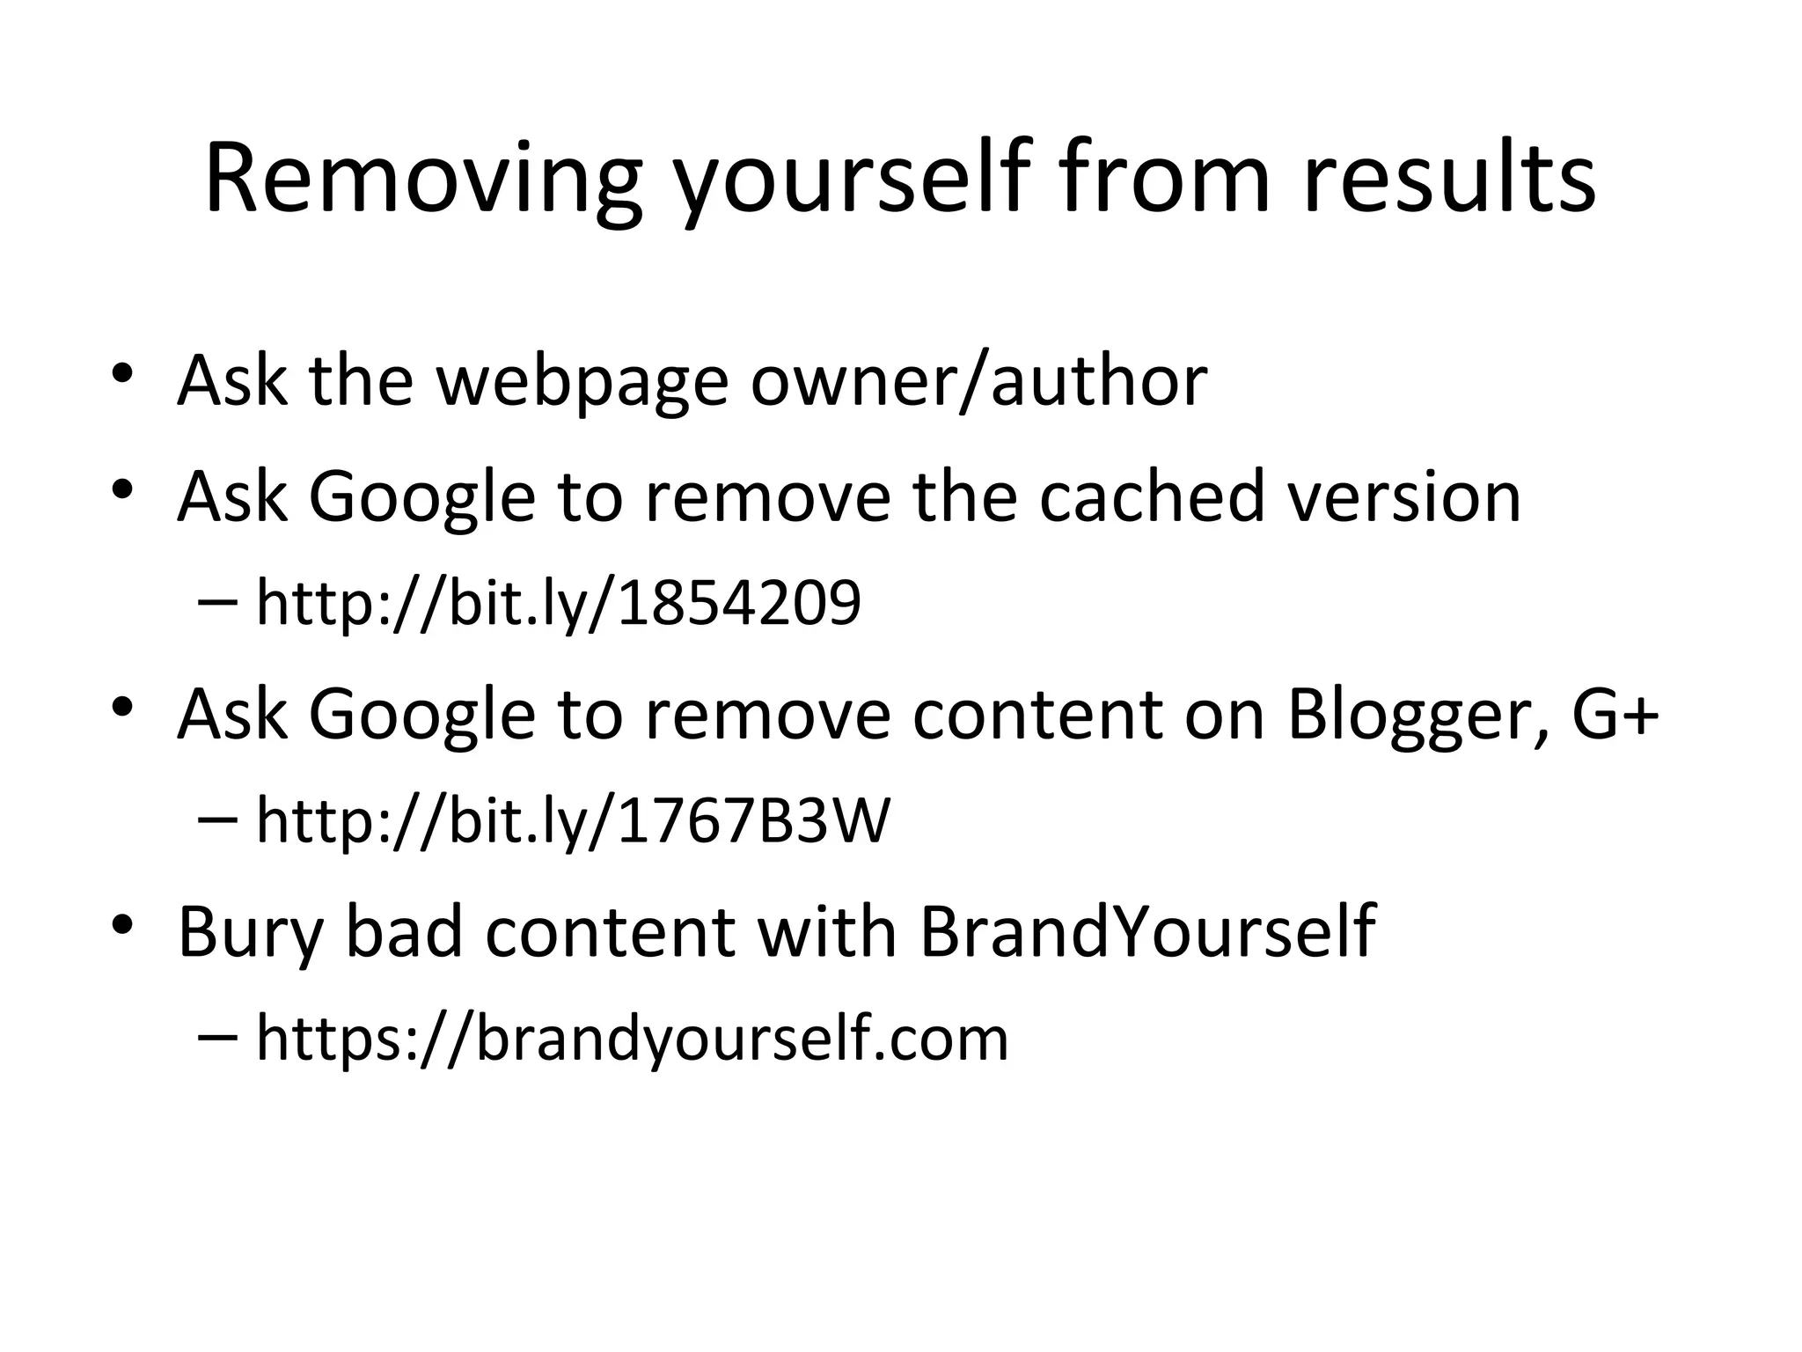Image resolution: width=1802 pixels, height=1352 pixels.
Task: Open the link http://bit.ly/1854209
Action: click(x=558, y=604)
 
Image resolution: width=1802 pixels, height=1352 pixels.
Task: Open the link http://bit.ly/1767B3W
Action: click(x=573, y=820)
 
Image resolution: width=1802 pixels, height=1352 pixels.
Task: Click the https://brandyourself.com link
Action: click(x=632, y=1038)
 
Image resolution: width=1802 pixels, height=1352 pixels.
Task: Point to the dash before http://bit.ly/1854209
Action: click(x=218, y=603)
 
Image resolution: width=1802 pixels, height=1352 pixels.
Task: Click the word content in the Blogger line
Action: click(x=1037, y=713)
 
